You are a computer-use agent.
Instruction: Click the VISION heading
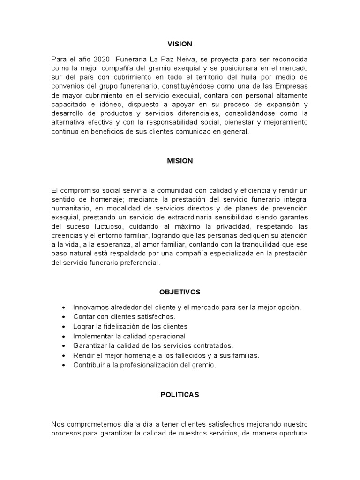[180, 44]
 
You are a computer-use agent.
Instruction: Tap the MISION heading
[180, 161]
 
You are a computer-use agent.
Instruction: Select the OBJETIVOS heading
[180, 292]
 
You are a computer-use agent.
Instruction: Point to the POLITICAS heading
[180, 395]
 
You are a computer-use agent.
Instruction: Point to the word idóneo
[106, 104]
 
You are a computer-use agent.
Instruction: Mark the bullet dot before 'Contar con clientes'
[63, 317]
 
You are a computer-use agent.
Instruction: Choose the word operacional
[167, 336]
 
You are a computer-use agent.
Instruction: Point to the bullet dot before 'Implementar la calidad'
[63, 336]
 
